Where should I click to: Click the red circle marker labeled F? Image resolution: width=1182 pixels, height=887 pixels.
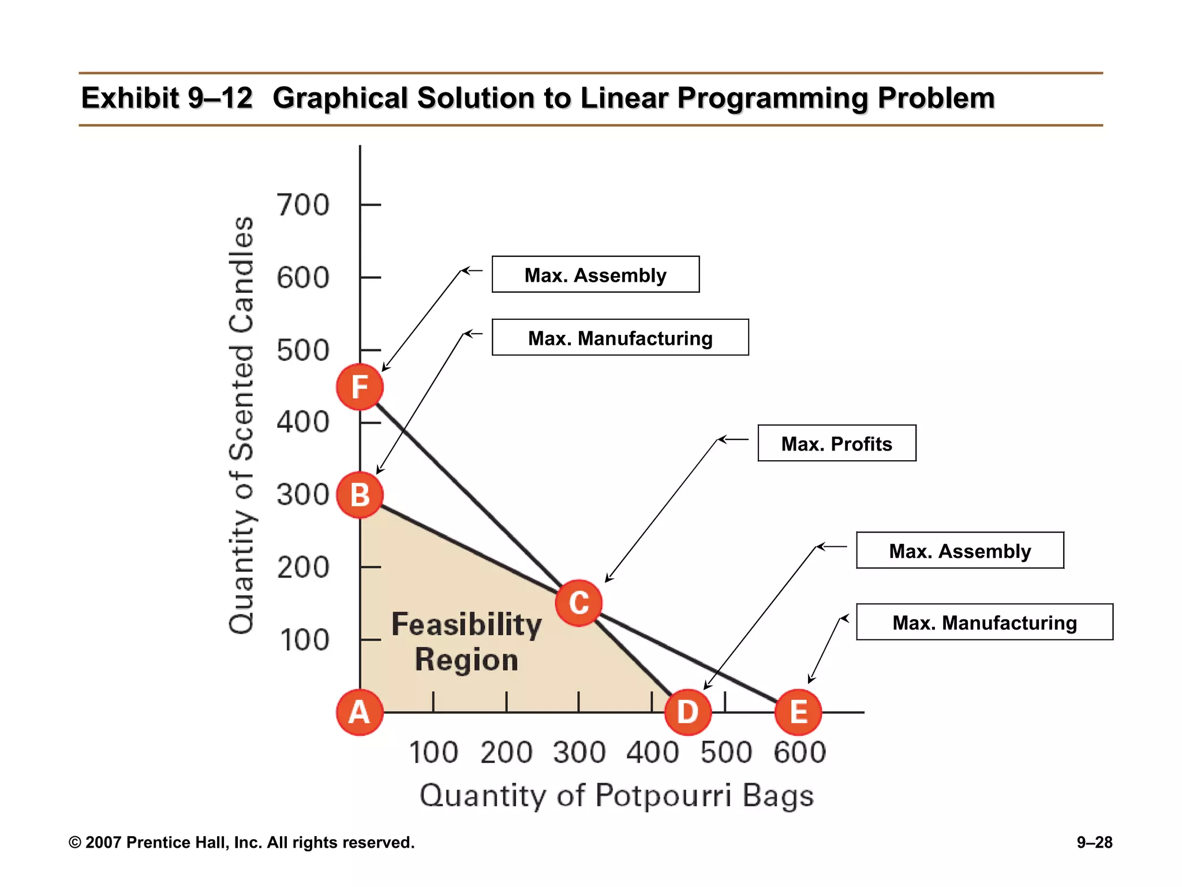[360, 387]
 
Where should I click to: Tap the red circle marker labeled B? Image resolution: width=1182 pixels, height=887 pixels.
[360, 495]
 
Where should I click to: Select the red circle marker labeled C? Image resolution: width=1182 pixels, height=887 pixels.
[578, 603]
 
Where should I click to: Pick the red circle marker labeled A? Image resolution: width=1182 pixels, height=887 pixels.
[360, 712]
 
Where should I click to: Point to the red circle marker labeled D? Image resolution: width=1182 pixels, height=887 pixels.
[687, 712]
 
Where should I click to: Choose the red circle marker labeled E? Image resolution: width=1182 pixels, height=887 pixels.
[798, 712]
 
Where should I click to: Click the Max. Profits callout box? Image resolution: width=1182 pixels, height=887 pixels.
[836, 443]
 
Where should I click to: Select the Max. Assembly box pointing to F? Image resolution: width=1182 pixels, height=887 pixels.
[595, 275]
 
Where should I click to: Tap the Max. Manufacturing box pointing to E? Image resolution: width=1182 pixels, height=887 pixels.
[984, 623]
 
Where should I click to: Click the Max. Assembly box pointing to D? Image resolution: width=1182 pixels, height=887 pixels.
[959, 551]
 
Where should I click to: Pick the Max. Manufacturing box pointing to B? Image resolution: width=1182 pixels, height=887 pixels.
[620, 338]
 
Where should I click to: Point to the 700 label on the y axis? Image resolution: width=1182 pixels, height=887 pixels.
[303, 205]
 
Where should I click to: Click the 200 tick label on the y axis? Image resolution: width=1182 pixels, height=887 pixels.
[303, 568]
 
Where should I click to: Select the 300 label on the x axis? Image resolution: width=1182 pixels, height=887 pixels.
[579, 752]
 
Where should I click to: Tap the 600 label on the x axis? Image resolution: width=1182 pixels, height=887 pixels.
[799, 752]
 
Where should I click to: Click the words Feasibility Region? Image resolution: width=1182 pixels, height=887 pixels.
[466, 642]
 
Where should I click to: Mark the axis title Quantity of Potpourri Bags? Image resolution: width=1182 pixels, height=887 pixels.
[616, 796]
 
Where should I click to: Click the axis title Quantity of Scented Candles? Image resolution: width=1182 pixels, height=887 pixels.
[241, 426]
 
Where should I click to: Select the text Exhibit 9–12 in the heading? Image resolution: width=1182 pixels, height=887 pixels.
[167, 98]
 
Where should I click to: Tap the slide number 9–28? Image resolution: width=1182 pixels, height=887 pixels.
[1094, 843]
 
